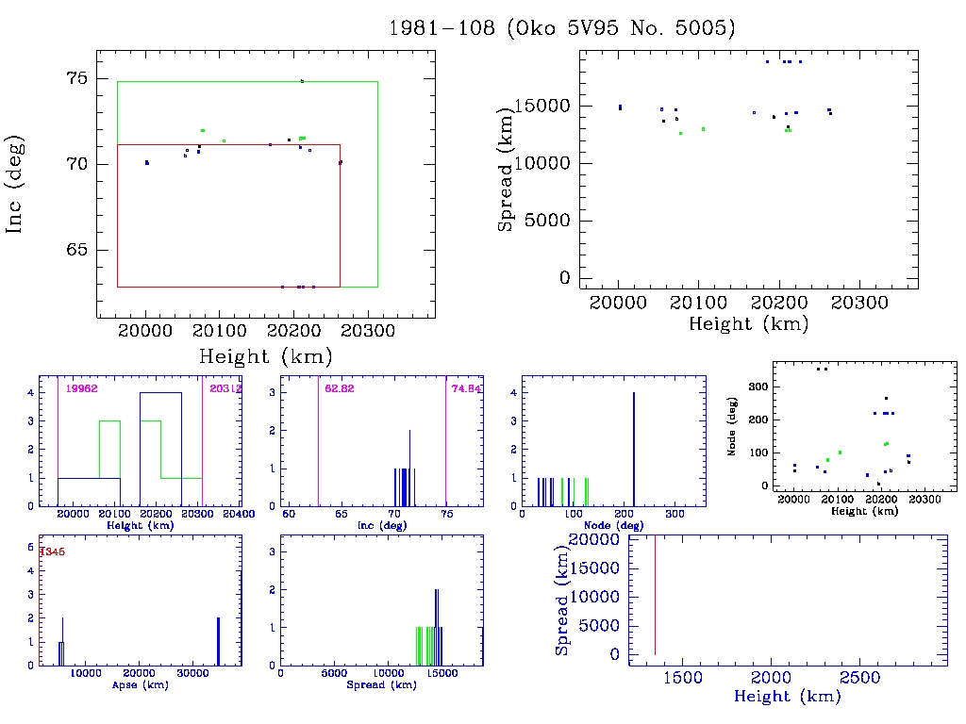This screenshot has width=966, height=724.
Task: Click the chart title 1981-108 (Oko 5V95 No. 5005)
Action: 562,28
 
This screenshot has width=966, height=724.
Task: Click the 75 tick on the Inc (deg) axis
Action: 76,78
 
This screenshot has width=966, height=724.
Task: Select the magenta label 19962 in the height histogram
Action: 81,388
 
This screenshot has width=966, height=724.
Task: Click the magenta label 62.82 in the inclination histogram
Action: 339,388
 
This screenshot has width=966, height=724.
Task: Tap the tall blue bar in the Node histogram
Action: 633,448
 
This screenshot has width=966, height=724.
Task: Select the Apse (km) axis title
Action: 139,685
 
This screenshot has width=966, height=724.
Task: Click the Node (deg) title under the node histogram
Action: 613,525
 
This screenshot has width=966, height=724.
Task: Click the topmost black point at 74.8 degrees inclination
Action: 302,81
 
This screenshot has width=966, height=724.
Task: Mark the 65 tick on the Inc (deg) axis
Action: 76,251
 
